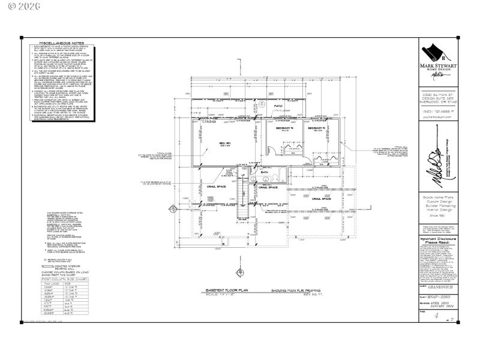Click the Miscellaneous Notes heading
[59, 44]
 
